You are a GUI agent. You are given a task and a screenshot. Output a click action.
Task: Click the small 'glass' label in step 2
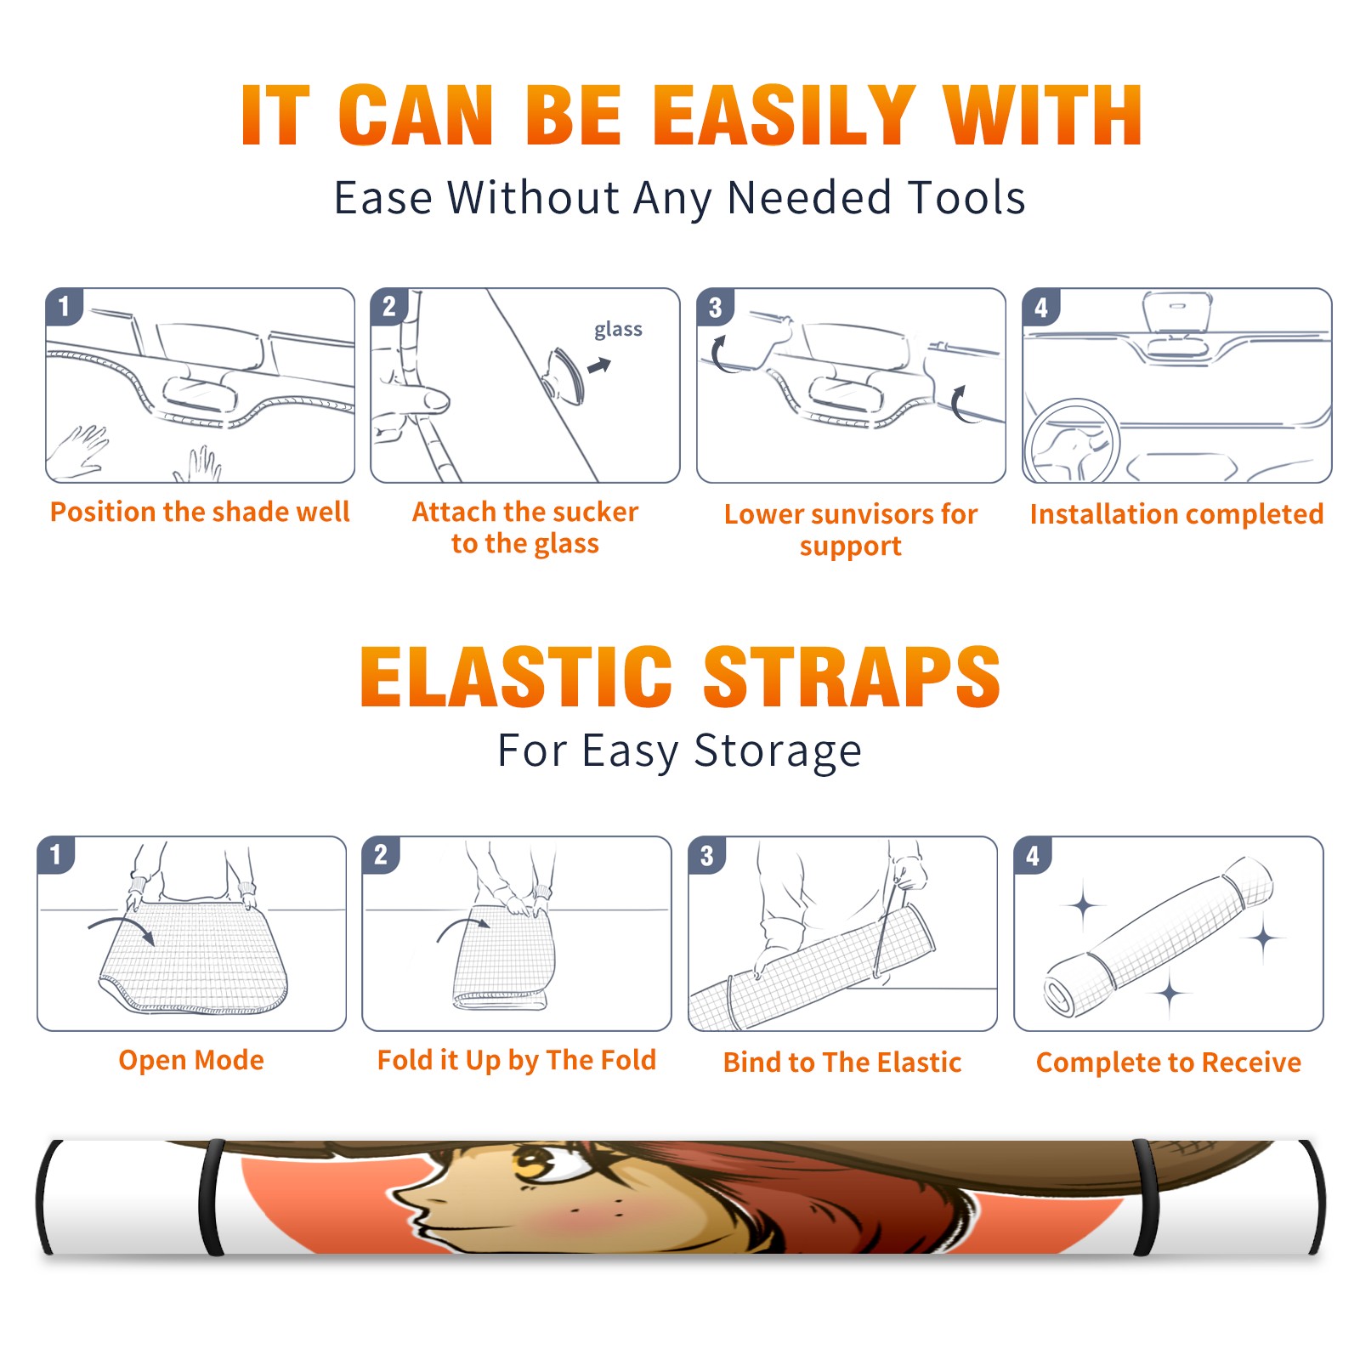(618, 330)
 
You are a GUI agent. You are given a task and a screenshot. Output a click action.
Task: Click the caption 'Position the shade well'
(200, 512)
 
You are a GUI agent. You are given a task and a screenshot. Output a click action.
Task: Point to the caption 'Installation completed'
(1176, 513)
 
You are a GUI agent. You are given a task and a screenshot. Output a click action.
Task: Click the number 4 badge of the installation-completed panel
(1041, 307)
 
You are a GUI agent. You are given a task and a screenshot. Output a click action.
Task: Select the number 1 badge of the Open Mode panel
(56, 854)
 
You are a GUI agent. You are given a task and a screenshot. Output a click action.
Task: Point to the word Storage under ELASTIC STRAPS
(777, 751)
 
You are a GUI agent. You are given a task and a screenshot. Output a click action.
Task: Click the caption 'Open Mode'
(191, 1060)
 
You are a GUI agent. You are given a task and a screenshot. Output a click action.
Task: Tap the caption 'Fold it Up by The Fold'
(517, 1060)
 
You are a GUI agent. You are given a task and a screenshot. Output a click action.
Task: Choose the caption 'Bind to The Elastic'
(842, 1062)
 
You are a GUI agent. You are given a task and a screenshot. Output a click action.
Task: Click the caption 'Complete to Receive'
(1169, 1062)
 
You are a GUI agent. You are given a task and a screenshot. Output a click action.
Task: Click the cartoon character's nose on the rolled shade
(406, 1198)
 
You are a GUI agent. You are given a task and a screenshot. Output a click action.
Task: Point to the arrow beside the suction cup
(600, 365)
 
